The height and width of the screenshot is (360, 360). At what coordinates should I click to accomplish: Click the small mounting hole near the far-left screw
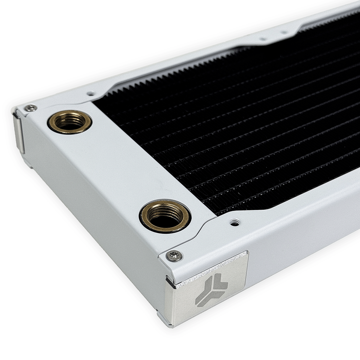[x=90, y=94]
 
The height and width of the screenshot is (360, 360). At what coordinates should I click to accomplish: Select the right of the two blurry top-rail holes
[x=283, y=32]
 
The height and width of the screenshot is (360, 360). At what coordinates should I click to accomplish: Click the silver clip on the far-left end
[x=19, y=133]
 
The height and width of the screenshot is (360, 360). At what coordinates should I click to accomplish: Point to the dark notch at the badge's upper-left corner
[x=170, y=280]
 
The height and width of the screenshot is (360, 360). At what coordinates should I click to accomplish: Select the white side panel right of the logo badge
[x=300, y=255]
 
